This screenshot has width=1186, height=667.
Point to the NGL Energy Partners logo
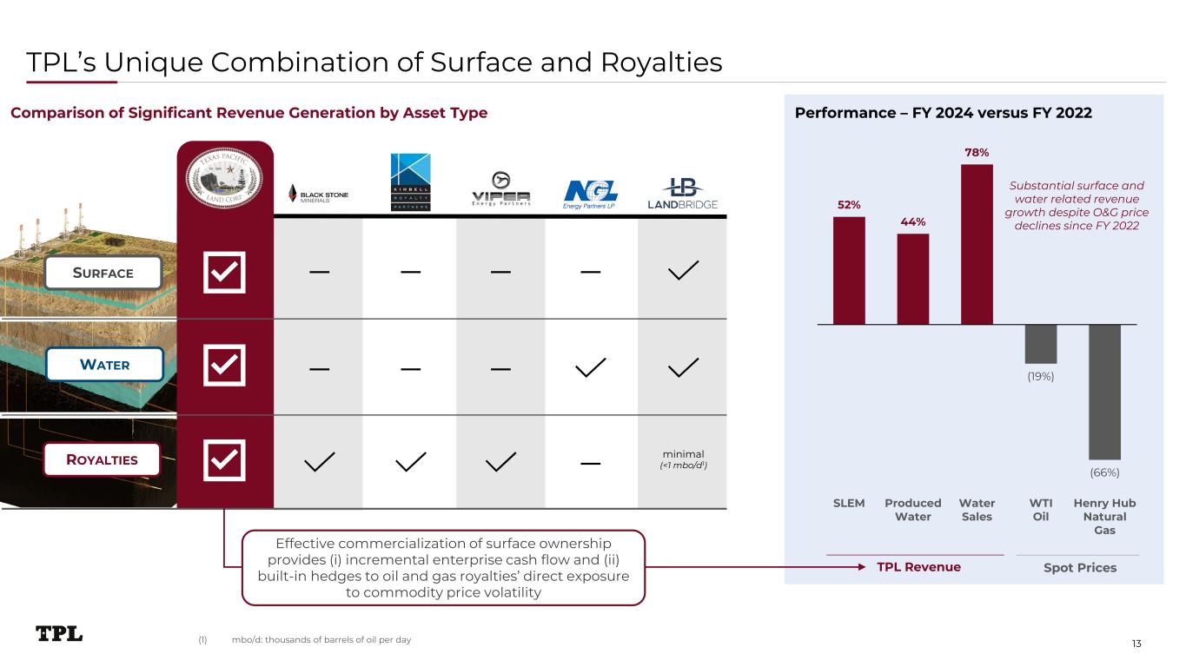point(591,194)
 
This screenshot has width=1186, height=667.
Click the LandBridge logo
point(682,194)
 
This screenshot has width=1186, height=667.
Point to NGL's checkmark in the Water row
point(591,367)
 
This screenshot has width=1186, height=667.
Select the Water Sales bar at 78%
point(977,244)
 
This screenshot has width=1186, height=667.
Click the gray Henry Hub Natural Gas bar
point(1104,392)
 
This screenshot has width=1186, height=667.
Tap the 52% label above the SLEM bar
point(849,205)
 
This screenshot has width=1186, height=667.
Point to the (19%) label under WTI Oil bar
point(1040,377)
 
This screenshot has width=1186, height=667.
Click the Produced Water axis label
point(912,510)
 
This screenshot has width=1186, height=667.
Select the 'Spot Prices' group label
point(1079,567)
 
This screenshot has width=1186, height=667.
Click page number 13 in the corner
point(1136,643)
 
